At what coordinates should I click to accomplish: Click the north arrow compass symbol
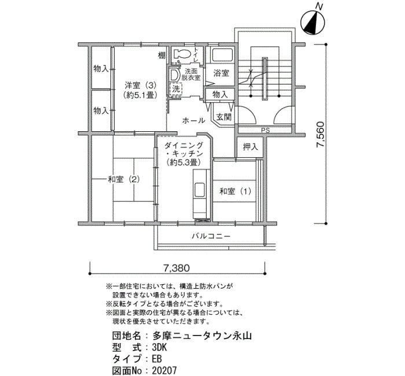click(x=313, y=23)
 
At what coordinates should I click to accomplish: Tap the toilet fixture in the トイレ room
click(x=181, y=54)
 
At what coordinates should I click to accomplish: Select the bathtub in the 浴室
click(x=222, y=55)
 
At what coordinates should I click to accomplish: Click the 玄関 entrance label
click(x=224, y=117)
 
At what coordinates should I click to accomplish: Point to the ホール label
click(x=194, y=120)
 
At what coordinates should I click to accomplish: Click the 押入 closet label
click(x=251, y=147)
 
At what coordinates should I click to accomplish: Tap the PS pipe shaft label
click(x=265, y=130)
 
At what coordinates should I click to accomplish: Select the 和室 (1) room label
click(x=235, y=191)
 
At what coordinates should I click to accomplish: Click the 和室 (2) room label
click(x=123, y=179)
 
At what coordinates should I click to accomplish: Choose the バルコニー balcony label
click(x=211, y=236)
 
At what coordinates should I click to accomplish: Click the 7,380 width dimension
click(x=176, y=268)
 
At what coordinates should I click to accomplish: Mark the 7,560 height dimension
click(x=321, y=134)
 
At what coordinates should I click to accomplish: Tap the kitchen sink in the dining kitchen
click(x=200, y=190)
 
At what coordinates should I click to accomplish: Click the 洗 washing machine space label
click(x=176, y=89)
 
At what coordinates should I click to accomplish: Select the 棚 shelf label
click(x=161, y=56)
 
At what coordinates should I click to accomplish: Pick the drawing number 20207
click(x=164, y=371)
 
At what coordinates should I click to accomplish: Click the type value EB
click(x=157, y=359)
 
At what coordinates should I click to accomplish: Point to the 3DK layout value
click(x=159, y=348)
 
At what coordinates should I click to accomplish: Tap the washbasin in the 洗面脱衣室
click(x=175, y=75)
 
